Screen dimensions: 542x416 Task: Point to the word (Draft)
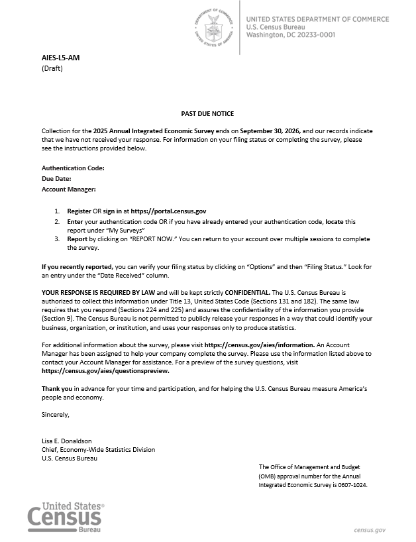coord(52,68)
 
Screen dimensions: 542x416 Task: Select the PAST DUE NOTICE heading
coord(207,114)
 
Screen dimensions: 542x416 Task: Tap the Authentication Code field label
coord(73,168)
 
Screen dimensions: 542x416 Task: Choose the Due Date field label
coord(56,179)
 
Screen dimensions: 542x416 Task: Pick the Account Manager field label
coord(69,190)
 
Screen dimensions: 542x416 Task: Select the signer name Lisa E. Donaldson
coord(67,441)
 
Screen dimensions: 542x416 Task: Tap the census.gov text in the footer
coord(369,530)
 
